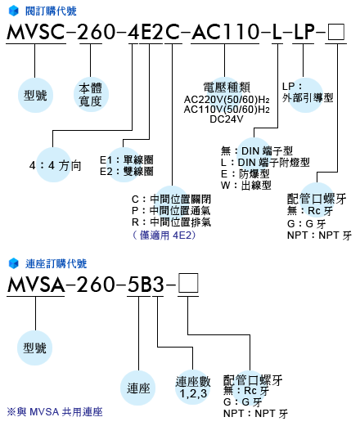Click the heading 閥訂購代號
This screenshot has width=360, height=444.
click(x=51, y=11)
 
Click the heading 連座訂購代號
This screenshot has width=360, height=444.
click(x=56, y=263)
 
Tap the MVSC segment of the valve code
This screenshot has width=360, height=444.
click(x=36, y=31)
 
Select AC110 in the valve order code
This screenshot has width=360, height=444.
click(x=225, y=31)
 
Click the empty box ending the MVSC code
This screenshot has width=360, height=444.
click(x=336, y=32)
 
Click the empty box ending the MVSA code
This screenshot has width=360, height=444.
click(x=188, y=283)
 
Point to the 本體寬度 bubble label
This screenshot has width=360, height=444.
click(x=90, y=95)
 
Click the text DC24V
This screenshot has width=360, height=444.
click(x=227, y=119)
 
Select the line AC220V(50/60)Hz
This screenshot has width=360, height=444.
click(x=227, y=100)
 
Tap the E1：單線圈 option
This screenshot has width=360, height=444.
click(x=127, y=160)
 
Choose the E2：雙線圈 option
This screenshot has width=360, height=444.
click(x=127, y=172)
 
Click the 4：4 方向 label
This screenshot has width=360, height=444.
click(x=56, y=165)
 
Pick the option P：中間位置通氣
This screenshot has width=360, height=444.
click(x=171, y=211)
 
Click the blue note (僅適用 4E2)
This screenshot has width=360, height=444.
click(x=164, y=235)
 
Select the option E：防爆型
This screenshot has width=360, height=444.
click(x=245, y=174)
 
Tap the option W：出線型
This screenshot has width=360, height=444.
click(x=246, y=186)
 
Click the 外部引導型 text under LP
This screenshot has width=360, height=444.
click(x=308, y=98)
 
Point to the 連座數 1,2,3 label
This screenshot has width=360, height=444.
click(x=193, y=388)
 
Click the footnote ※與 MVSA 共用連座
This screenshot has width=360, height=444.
click(x=55, y=412)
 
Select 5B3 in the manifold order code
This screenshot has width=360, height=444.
click(x=146, y=285)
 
